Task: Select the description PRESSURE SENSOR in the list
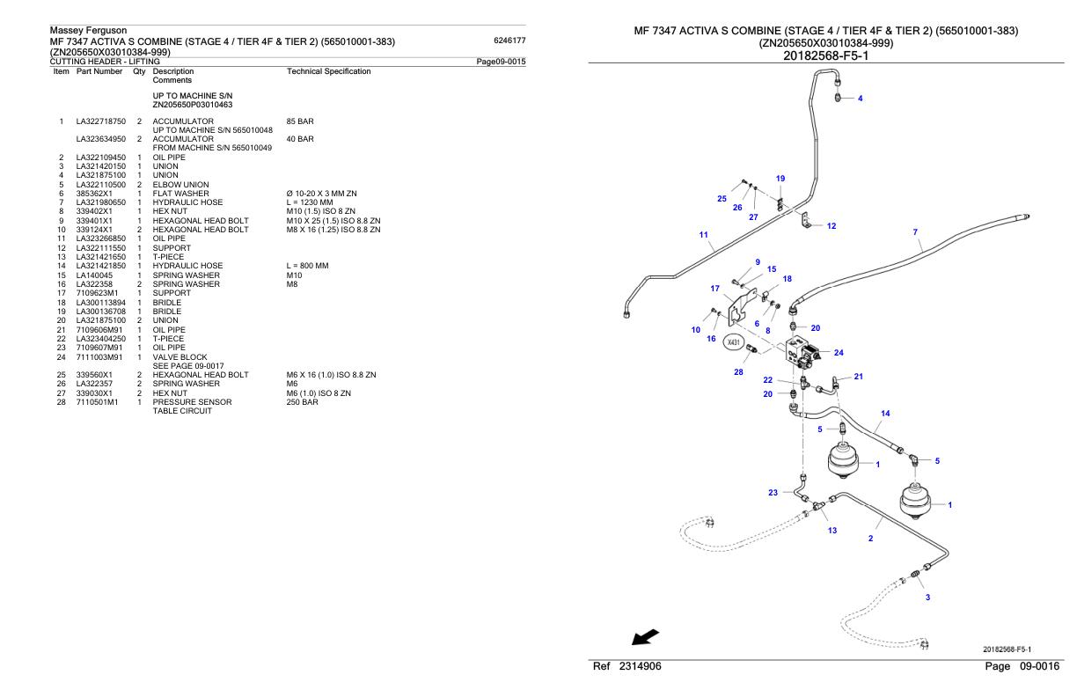pyautogui.click(x=192, y=402)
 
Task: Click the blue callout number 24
pyautogui.click(x=839, y=353)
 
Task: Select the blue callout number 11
pyautogui.click(x=703, y=235)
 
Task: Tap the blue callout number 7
pyautogui.click(x=915, y=232)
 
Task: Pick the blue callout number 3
pyautogui.click(x=927, y=598)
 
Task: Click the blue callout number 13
pyautogui.click(x=832, y=530)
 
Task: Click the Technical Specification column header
pyautogui.click(x=329, y=71)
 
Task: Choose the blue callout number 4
pyautogui.click(x=860, y=98)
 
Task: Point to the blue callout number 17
pyautogui.click(x=714, y=288)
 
